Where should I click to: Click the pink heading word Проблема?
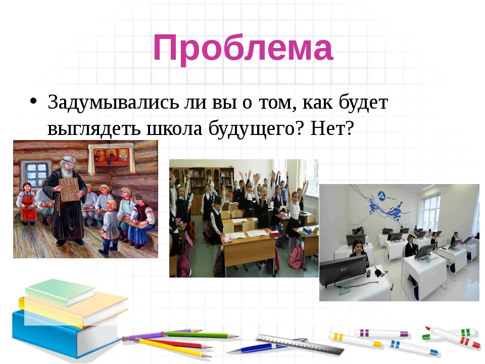243,49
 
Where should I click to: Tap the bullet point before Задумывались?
33,101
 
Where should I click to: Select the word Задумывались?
113,102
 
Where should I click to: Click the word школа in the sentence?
174,128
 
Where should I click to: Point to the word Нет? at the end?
331,127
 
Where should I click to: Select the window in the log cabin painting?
36,173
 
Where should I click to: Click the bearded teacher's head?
67,166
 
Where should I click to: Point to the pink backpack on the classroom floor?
297,257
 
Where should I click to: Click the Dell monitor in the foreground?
343,270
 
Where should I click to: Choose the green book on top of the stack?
60,291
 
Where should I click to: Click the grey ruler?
300,344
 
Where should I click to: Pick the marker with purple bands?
381,333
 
